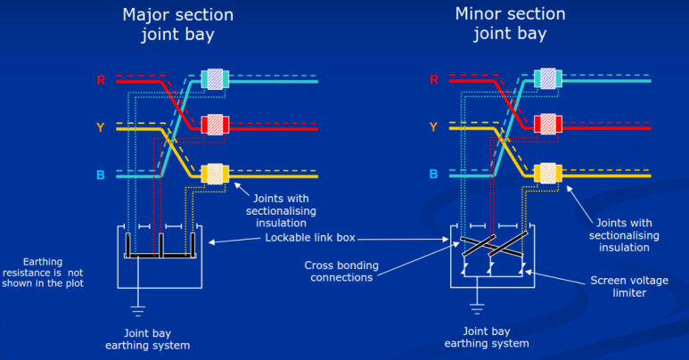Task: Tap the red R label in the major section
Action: click(102, 80)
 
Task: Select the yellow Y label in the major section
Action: click(102, 127)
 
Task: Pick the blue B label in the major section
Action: click(102, 175)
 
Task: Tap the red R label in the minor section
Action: click(434, 80)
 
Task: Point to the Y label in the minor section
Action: click(434, 127)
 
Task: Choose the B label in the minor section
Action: click(434, 175)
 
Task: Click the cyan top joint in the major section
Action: click(216, 79)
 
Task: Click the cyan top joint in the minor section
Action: click(548, 79)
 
